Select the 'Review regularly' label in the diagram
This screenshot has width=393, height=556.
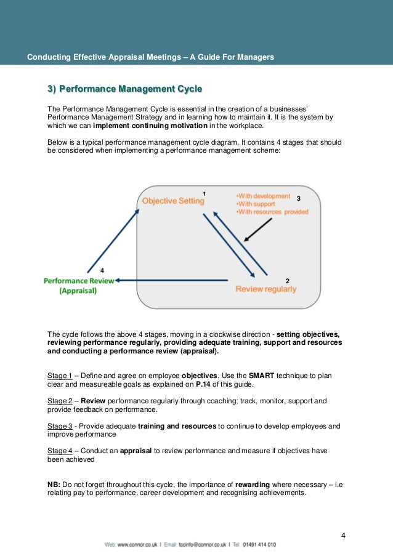click(266, 289)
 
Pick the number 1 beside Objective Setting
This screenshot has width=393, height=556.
click(204, 194)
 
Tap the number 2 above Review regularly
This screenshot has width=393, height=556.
click(288, 281)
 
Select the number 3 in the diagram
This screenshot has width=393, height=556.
click(298, 199)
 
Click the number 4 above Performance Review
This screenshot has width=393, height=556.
click(102, 271)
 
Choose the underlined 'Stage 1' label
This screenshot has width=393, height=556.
click(60, 376)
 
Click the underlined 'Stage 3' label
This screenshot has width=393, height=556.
click(60, 426)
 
